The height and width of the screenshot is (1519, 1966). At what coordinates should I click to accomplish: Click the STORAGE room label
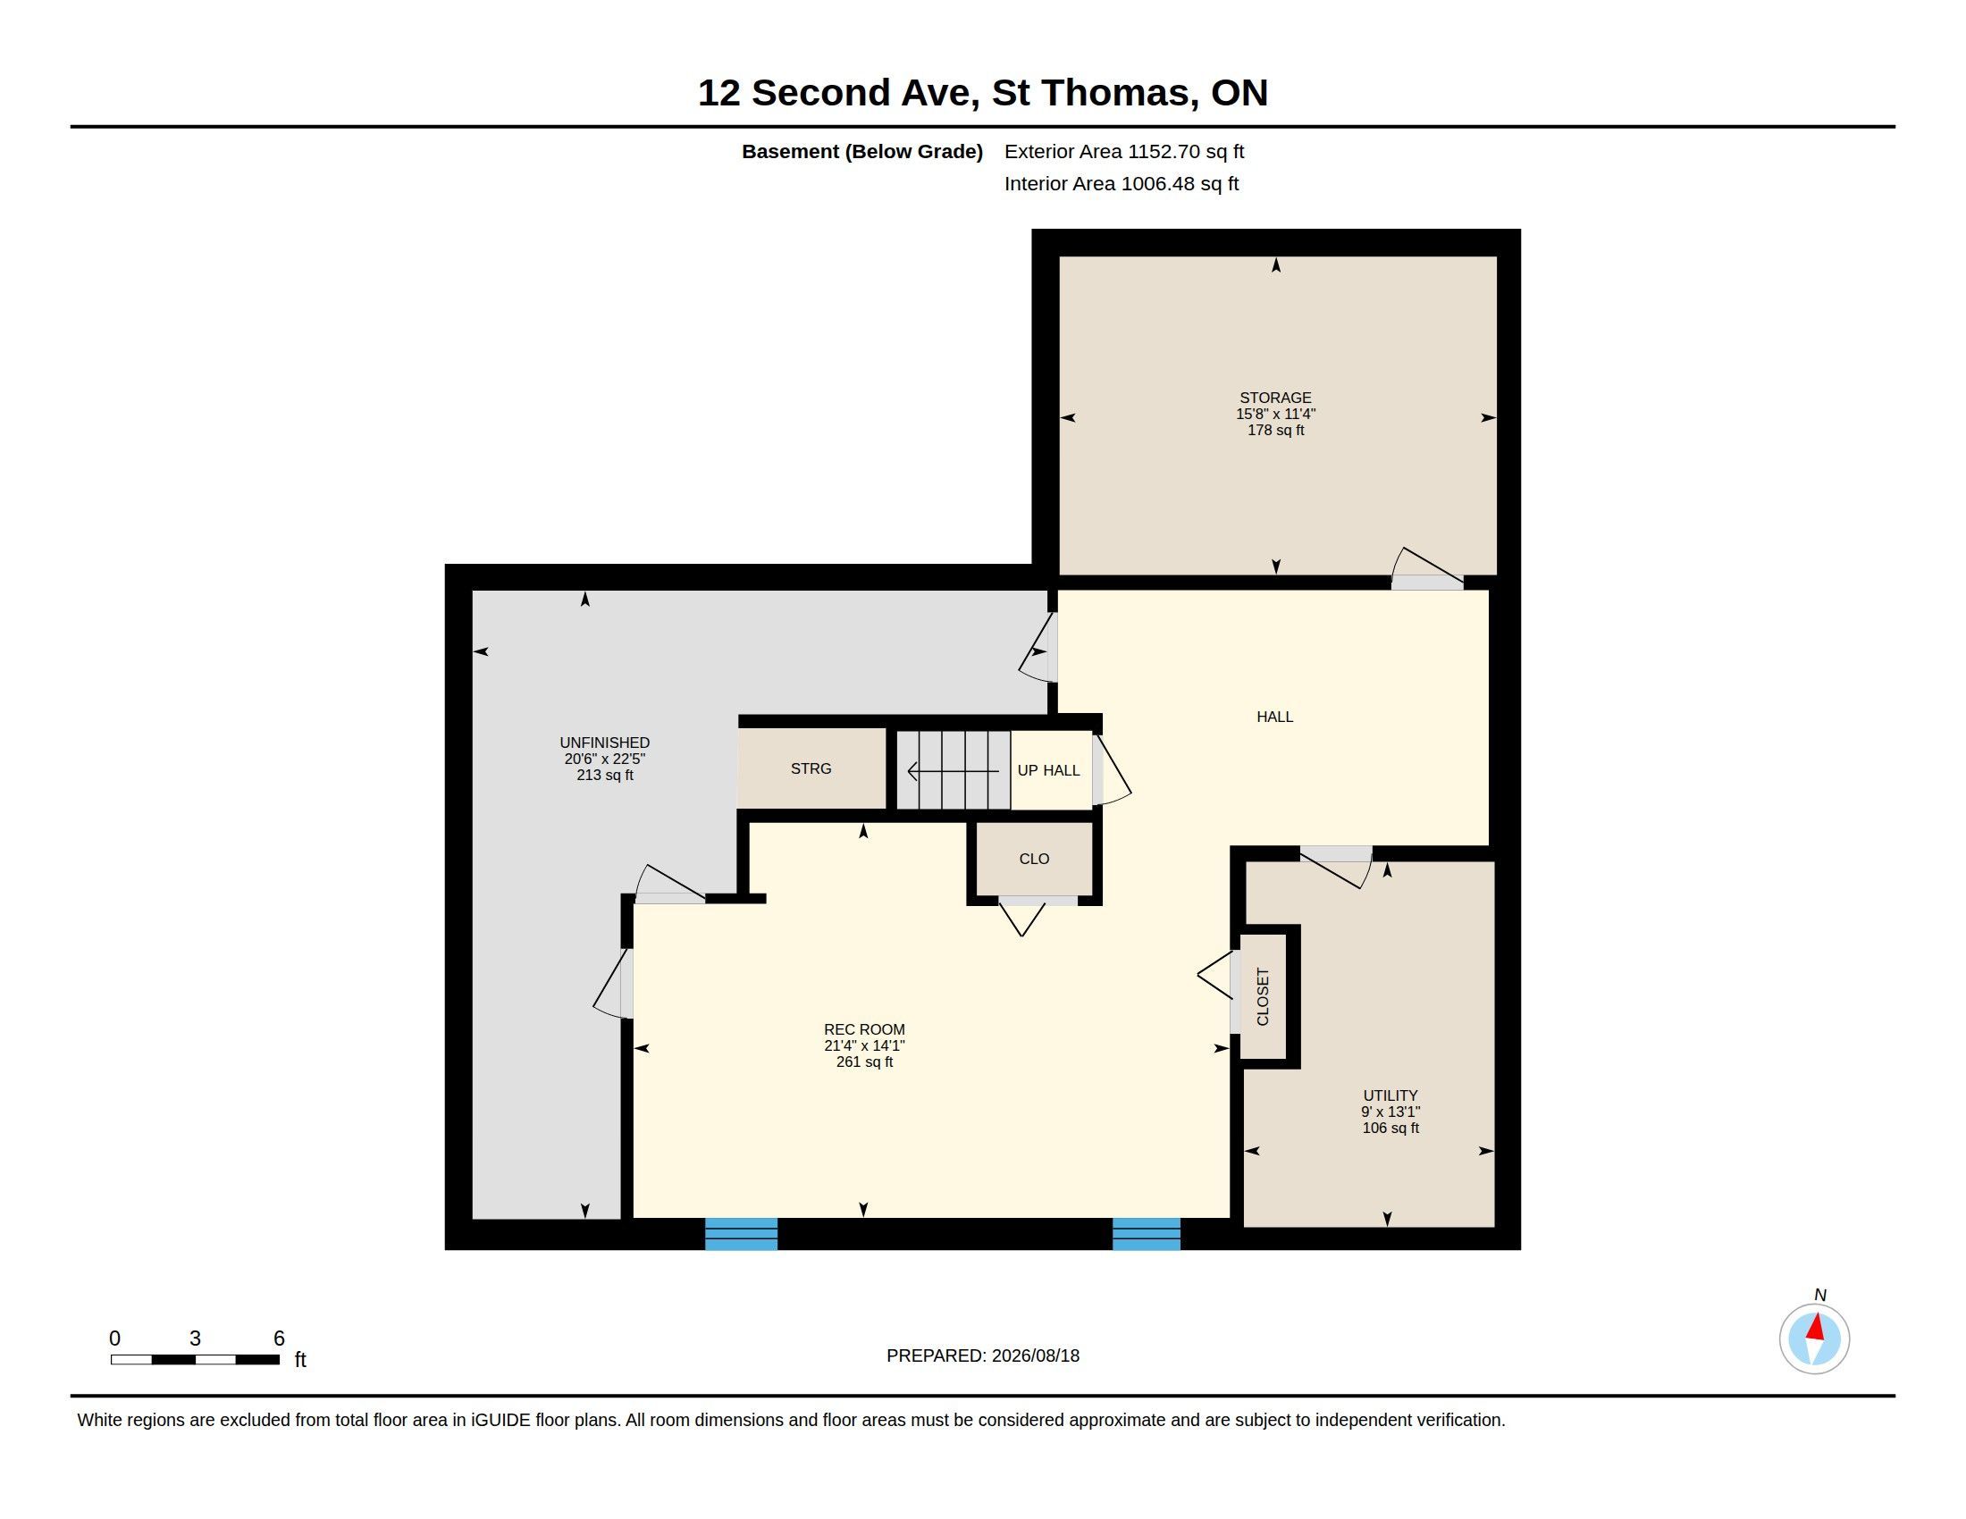[x=1274, y=398]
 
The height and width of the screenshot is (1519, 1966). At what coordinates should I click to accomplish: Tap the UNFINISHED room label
[x=605, y=743]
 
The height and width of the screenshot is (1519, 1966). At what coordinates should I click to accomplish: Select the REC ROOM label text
[x=864, y=1029]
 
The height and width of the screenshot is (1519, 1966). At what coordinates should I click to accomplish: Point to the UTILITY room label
[x=1390, y=1095]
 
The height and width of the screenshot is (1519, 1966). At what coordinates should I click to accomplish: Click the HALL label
[x=1274, y=717]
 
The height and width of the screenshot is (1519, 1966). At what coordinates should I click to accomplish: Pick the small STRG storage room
[x=812, y=768]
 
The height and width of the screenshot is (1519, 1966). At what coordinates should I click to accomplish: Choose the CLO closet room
[x=1034, y=859]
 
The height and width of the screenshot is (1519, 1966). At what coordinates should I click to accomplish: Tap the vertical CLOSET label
[x=1262, y=997]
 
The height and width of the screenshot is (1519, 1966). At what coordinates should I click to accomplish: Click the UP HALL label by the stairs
[x=1049, y=770]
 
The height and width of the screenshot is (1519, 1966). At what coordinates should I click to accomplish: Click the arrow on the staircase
[x=954, y=771]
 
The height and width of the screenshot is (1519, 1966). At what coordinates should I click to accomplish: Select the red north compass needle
[x=1816, y=1326]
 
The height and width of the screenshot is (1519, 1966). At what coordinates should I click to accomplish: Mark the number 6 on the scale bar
[x=279, y=1339]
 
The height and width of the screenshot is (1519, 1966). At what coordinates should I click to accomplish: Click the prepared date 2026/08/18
[x=1035, y=1355]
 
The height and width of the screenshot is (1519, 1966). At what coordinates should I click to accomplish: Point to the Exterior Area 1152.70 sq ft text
[x=1124, y=151]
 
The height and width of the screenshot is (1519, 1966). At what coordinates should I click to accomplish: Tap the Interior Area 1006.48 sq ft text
[x=1122, y=183]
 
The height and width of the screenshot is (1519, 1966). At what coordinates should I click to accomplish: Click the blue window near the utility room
[x=1146, y=1234]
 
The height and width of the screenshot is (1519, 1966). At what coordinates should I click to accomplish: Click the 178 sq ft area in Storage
[x=1275, y=430]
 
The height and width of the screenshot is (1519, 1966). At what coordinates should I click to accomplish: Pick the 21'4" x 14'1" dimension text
[x=864, y=1045]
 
